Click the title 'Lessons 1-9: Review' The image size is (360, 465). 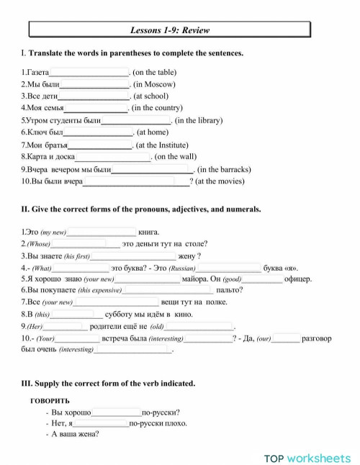pos(170,30)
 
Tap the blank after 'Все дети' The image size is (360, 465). pos(94,96)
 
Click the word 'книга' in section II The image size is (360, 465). pos(148,232)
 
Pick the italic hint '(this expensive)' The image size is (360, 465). pos(99,291)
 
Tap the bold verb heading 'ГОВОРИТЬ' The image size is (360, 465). pos(50,400)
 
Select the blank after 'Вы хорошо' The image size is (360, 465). pos(116,412)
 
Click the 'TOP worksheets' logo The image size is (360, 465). pos(307,457)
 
